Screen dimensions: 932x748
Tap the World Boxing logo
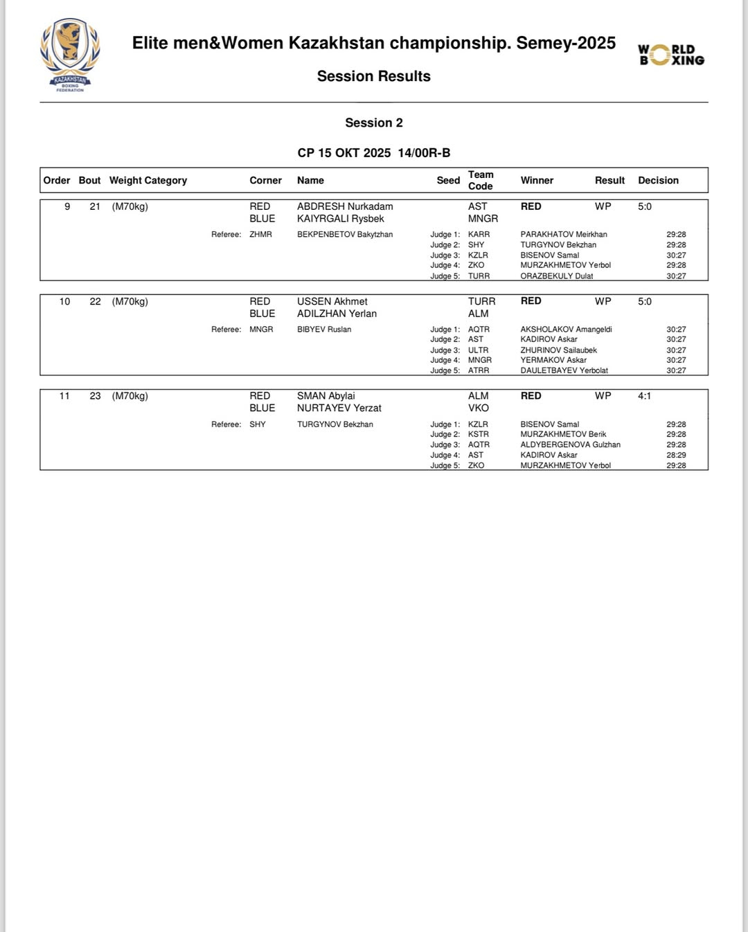click(670, 55)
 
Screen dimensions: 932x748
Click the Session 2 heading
click(374, 123)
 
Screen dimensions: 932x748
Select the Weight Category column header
click(148, 180)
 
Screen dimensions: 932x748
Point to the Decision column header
click(658, 180)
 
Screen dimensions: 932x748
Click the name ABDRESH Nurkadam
click(345, 206)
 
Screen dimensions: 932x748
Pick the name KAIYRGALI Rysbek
click(340, 219)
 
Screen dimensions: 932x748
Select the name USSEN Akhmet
click(332, 301)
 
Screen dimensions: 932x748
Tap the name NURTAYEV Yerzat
click(339, 408)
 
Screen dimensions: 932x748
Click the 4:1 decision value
click(644, 396)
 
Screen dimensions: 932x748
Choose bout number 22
click(95, 301)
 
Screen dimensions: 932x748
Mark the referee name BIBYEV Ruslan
click(324, 330)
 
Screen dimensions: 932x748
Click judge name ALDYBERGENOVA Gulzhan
click(570, 445)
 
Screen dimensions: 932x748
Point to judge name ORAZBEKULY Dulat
click(557, 276)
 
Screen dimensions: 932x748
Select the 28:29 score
click(676, 455)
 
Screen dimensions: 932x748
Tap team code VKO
click(478, 408)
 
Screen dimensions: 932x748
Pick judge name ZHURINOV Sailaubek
click(558, 350)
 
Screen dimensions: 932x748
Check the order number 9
click(67, 206)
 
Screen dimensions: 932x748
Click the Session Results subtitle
click(374, 76)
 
